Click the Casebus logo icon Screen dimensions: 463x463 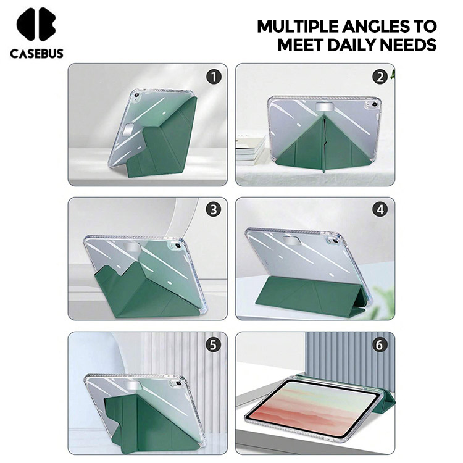(36, 24)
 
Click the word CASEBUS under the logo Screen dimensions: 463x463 (36, 54)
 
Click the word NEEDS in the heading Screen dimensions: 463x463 (408, 45)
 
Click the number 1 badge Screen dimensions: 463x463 (214, 77)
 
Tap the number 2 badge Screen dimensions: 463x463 (380, 77)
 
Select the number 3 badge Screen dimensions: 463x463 (214, 209)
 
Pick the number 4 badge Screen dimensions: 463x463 (380, 209)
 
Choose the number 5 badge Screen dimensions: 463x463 (214, 344)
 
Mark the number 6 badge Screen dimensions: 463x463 (380, 344)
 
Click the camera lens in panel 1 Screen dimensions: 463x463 (136, 95)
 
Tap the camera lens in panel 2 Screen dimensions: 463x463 (375, 104)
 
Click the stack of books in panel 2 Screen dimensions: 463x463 (251, 150)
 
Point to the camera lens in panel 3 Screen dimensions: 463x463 (178, 246)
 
